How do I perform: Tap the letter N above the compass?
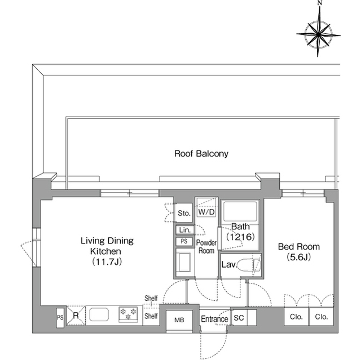pyautogui.click(x=319, y=4)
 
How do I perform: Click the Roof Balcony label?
pyautogui.click(x=201, y=153)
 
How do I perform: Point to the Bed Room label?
pyautogui.click(x=298, y=247)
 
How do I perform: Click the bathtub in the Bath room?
pyautogui.click(x=240, y=212)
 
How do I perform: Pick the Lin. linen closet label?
pyautogui.click(x=184, y=230)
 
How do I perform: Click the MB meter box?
pyautogui.click(x=179, y=319)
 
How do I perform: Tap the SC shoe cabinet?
pyautogui.click(x=238, y=318)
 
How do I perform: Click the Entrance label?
pyautogui.click(x=214, y=319)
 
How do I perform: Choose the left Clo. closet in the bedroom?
pyautogui.click(x=297, y=317)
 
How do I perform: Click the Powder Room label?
pyautogui.click(x=206, y=246)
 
